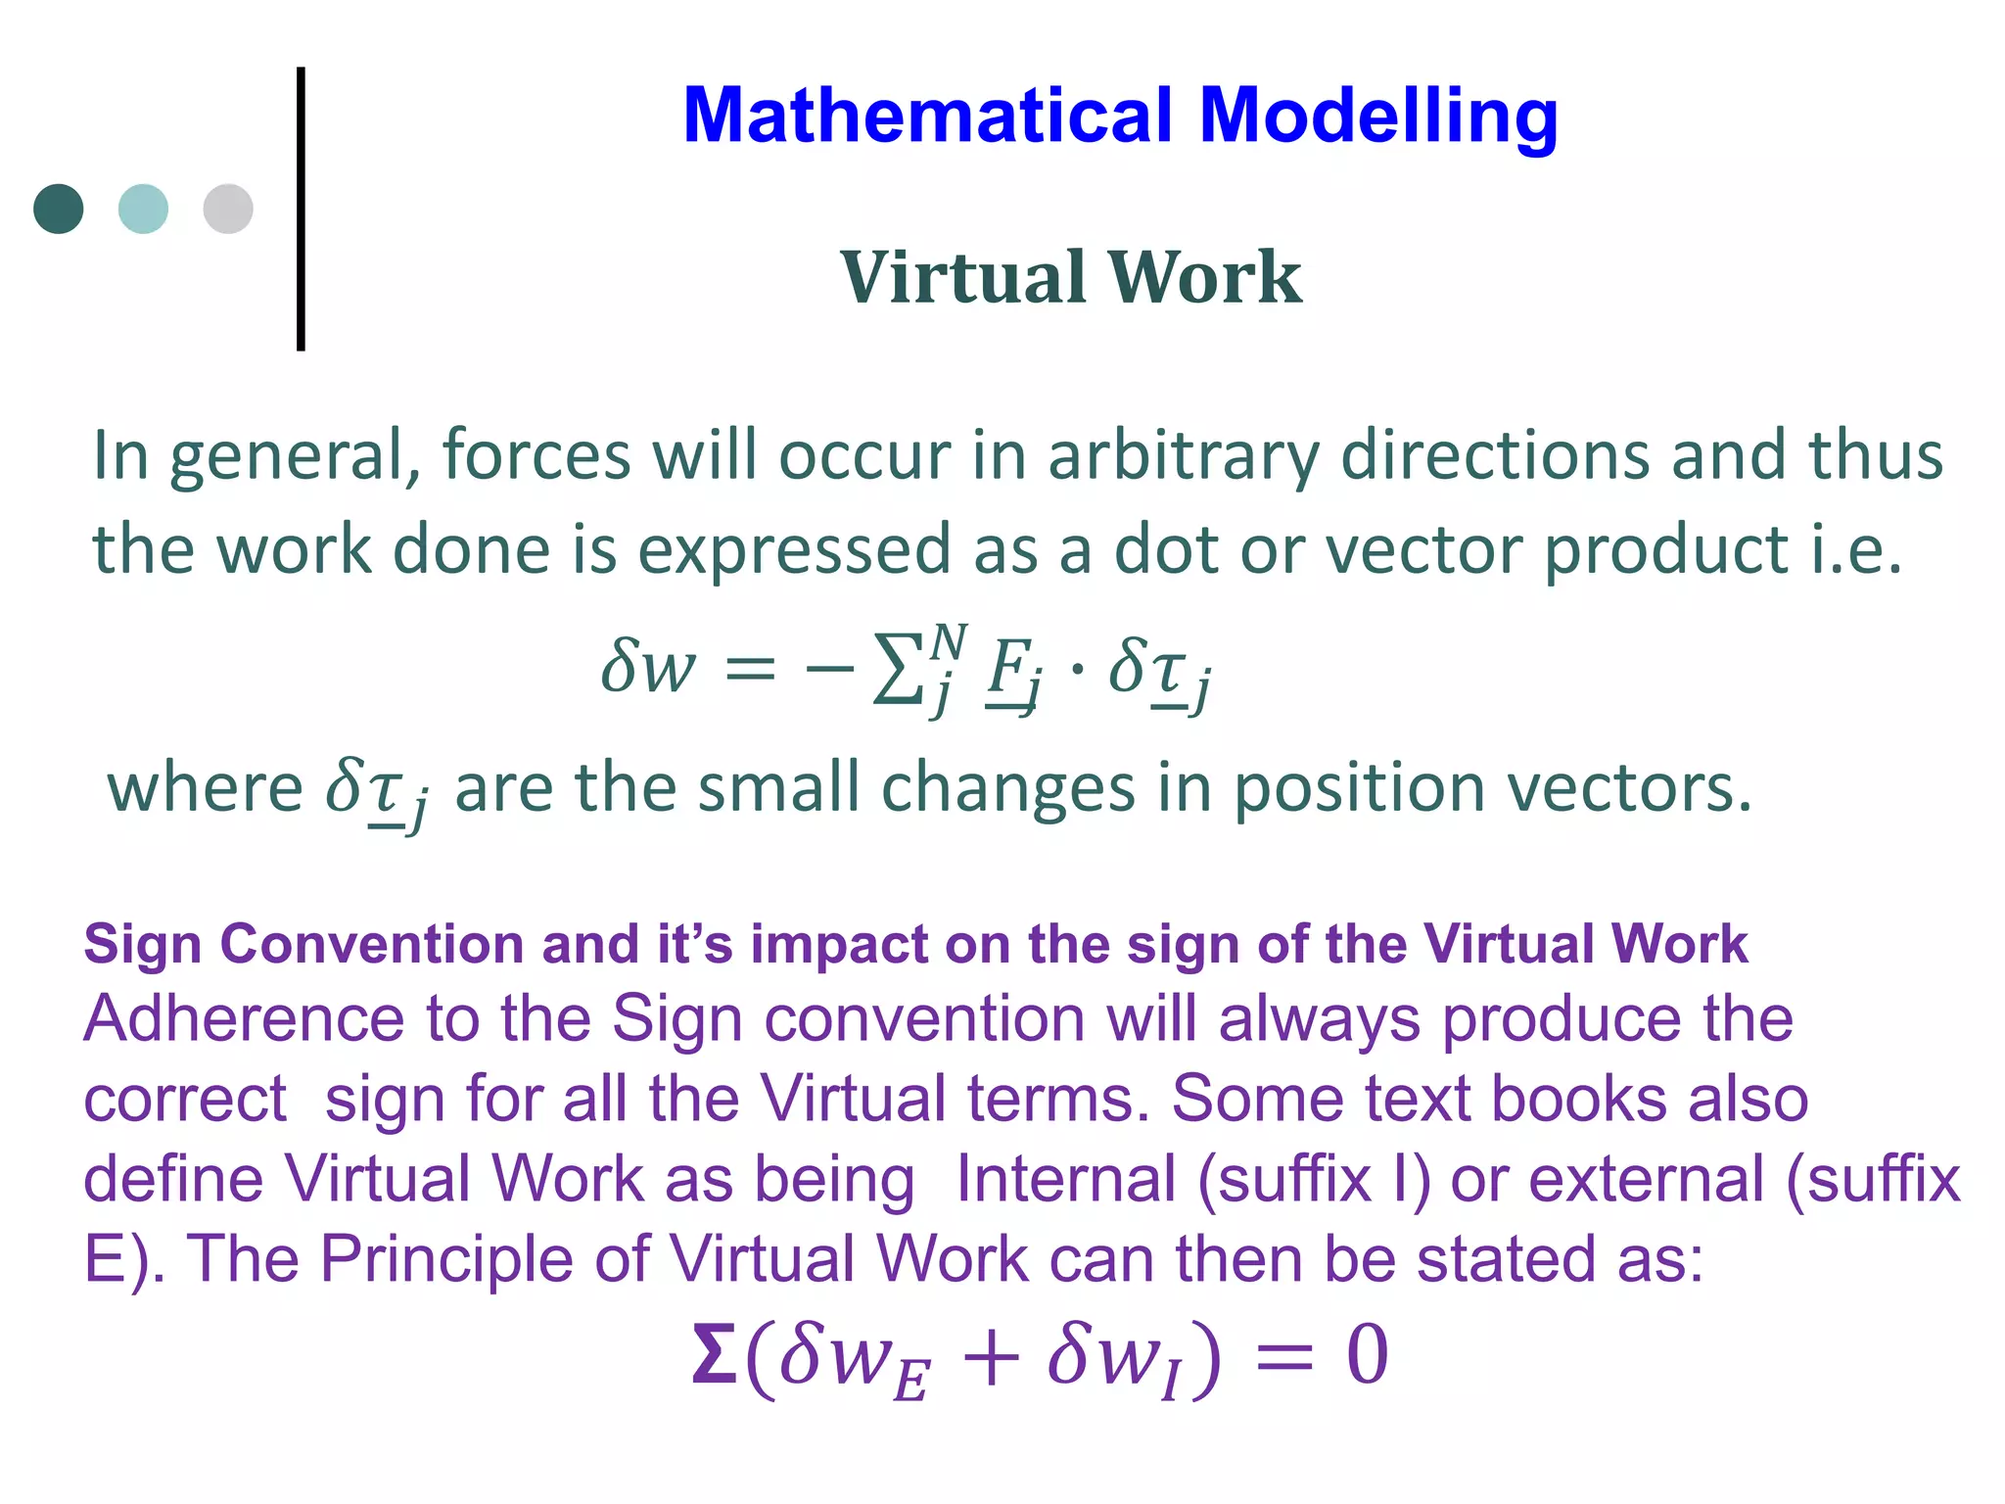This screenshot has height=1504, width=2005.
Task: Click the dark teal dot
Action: pos(59,209)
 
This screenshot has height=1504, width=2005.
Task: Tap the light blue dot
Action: pos(143,209)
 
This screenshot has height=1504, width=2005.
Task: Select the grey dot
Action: pos(228,209)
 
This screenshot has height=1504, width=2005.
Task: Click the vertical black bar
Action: pos(301,209)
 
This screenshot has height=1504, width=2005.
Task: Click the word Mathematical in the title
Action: pos(927,116)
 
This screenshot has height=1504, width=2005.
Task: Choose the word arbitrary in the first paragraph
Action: pos(1183,456)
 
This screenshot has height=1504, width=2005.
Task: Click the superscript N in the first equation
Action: pos(948,642)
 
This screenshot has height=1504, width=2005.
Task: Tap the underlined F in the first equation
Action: pos(1008,668)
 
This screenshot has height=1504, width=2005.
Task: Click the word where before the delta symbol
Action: pos(205,787)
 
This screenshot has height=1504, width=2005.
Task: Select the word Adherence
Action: pos(243,1019)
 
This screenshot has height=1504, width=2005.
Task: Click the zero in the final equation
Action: pos(1367,1354)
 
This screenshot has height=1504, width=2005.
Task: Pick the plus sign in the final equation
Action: pos(990,1358)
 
